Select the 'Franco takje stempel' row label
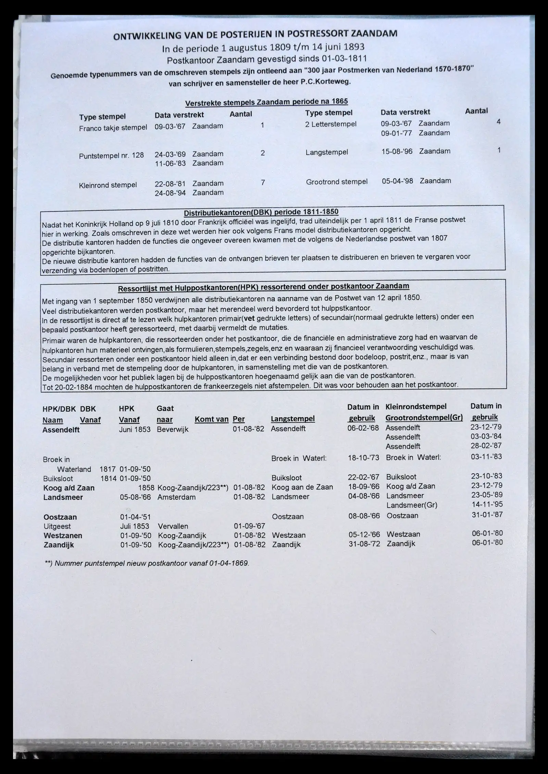pyautogui.click(x=113, y=128)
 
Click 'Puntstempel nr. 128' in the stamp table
pyautogui.click(x=111, y=155)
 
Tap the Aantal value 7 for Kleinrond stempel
pyautogui.click(x=263, y=183)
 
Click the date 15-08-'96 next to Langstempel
pyautogui.click(x=397, y=151)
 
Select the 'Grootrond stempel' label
pyautogui.click(x=337, y=182)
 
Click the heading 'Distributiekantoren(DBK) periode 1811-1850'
pyautogui.click(x=261, y=213)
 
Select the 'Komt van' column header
pyautogui.click(x=211, y=419)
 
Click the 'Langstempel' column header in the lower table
pyautogui.click(x=292, y=419)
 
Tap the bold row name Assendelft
pyautogui.click(x=61, y=430)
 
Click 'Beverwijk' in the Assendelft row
pyautogui.click(x=173, y=429)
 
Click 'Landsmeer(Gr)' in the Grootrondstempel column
pyautogui.click(x=412, y=505)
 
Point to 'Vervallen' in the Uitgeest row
pyautogui.click(x=173, y=526)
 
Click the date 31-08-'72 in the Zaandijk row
pyautogui.click(x=364, y=544)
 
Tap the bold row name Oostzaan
pyautogui.click(x=60, y=517)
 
